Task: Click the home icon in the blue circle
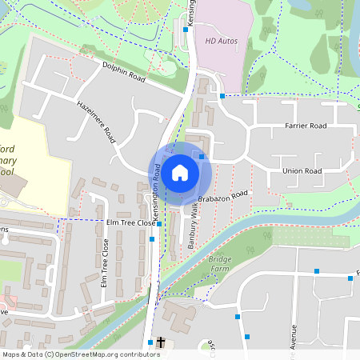point(180,172)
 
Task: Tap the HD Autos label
point(222,39)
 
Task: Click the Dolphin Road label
point(123,73)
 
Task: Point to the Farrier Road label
point(306,126)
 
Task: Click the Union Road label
point(302,171)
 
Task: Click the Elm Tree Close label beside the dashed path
point(129,222)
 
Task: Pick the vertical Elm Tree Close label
point(104,263)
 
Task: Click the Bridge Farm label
point(219,265)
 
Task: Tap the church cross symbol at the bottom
point(161,342)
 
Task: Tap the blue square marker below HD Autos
point(222,96)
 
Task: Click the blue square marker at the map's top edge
point(186,29)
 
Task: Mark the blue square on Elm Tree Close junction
point(159,224)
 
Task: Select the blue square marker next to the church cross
point(150,342)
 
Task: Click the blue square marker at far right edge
point(350,278)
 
